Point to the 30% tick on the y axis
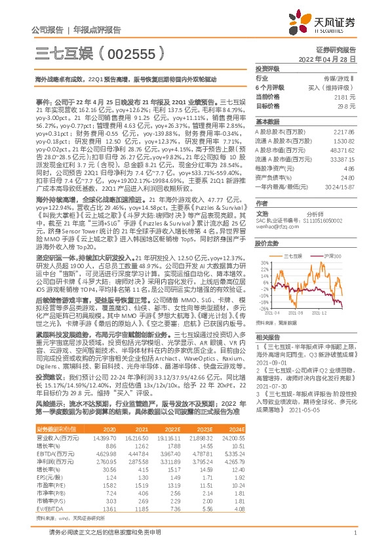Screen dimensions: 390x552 click(x=262, y=245)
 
